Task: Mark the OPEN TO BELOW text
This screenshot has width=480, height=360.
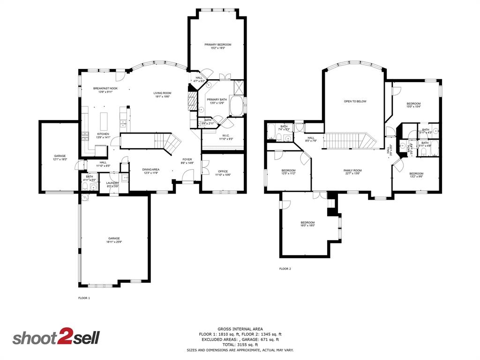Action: pyautogui.click(x=355, y=101)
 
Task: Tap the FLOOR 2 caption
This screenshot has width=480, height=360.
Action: pyautogui.click(x=285, y=269)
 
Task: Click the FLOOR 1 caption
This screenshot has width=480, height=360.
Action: pyautogui.click(x=84, y=298)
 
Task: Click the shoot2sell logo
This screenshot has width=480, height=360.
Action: pyautogui.click(x=56, y=338)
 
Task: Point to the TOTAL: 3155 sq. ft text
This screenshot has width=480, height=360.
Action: pyautogui.click(x=240, y=345)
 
